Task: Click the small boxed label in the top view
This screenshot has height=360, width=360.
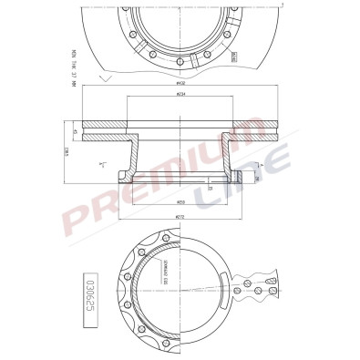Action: pyautogui.click(x=234, y=56)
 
